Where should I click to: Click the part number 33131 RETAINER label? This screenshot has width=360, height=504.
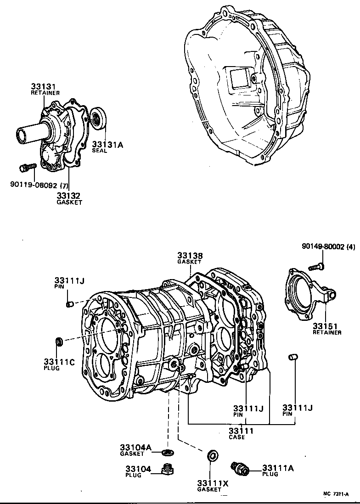(x=45, y=89)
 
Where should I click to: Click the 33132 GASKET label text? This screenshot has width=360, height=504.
(x=69, y=198)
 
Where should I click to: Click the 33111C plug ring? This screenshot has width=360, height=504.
(x=59, y=342)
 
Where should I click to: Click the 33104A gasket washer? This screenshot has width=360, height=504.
(x=169, y=453)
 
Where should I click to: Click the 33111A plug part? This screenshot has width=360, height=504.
(x=241, y=469)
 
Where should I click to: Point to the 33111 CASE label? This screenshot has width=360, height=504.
(x=241, y=433)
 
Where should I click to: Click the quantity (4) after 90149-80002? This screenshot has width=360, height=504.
(x=351, y=246)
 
